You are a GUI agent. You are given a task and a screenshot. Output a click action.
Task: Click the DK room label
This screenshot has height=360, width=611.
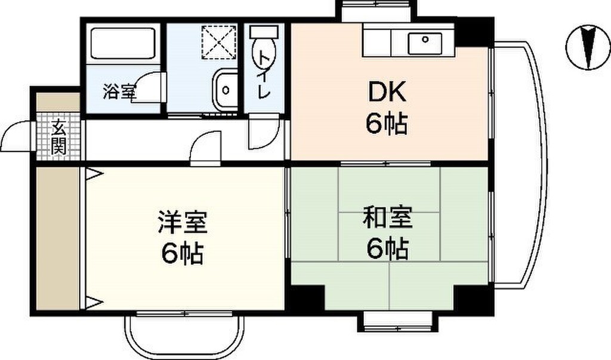point(387,92)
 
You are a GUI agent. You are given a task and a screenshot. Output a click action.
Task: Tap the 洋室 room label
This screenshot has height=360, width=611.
point(183,222)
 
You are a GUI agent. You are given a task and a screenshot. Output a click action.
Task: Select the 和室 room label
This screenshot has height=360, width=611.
point(387,218)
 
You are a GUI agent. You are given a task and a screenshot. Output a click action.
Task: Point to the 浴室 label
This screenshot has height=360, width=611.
point(119,92)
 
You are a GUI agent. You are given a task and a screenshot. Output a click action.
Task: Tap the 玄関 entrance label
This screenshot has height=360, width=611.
point(58,138)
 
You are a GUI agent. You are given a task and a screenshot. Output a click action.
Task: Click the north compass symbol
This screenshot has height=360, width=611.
point(588,47)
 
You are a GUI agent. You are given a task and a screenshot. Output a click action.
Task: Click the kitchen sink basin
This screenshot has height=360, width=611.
point(425,44)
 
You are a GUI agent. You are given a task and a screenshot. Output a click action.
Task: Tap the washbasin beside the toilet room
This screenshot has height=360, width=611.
point(224,90)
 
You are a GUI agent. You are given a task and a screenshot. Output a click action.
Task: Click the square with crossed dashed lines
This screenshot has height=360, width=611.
point(219,42)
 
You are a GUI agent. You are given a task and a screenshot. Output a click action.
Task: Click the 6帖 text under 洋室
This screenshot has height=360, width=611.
point(183,254)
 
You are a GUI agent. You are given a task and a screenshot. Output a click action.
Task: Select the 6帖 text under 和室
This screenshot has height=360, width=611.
point(387,248)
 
